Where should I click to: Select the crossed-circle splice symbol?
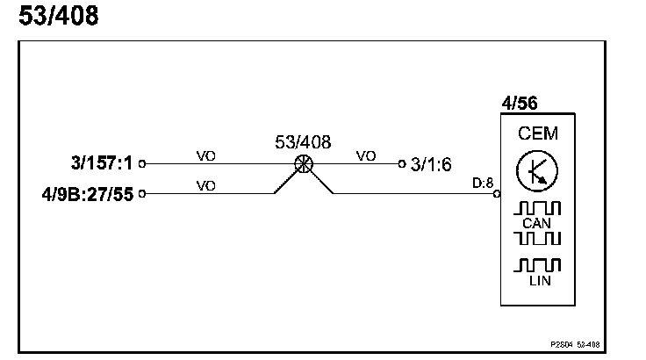pyautogui.click(x=304, y=163)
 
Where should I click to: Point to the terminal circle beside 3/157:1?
pyautogui.click(x=142, y=163)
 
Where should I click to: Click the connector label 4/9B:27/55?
pyautogui.click(x=87, y=193)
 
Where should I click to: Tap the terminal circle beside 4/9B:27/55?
pyautogui.click(x=142, y=193)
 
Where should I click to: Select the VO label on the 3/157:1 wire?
pyautogui.click(x=206, y=155)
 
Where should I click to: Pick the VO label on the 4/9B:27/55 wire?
pyautogui.click(x=206, y=185)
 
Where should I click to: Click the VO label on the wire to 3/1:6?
pyautogui.click(x=366, y=155)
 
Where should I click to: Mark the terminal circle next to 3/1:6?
pyautogui.click(x=401, y=163)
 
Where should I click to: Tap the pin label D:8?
pyautogui.click(x=483, y=184)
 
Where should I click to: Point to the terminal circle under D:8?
pyautogui.click(x=497, y=193)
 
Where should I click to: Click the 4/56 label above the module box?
pyautogui.click(x=519, y=104)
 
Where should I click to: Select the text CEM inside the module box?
pyautogui.click(x=537, y=134)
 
